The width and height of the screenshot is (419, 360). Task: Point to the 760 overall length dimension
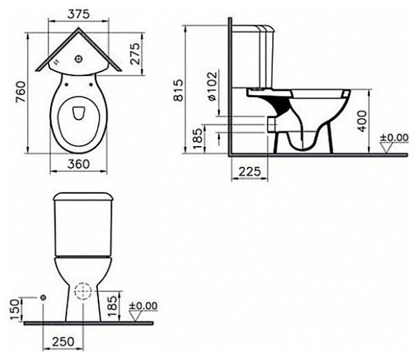20,90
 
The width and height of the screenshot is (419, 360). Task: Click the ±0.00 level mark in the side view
395,138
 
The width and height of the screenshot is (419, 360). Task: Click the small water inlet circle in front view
44,298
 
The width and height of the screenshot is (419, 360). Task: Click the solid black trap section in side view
280,106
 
